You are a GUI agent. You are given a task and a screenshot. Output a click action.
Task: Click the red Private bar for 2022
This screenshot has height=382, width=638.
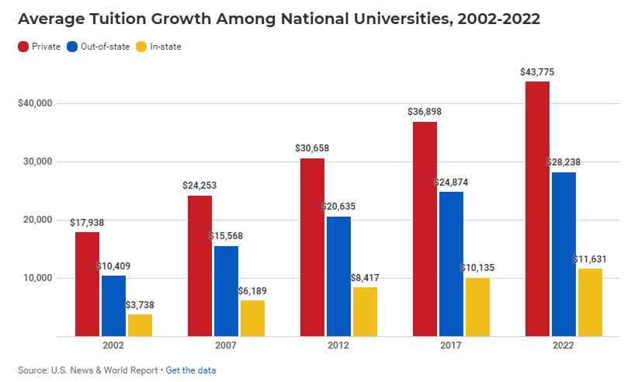point(537,209)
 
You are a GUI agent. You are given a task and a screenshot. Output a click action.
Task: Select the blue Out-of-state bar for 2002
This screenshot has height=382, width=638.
point(113,306)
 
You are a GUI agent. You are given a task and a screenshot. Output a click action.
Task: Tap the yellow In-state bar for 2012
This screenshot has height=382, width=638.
point(365,311)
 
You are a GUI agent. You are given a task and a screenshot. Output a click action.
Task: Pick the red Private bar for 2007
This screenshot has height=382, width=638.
point(199,266)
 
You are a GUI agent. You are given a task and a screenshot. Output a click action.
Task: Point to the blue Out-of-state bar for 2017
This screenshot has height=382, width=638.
point(451,264)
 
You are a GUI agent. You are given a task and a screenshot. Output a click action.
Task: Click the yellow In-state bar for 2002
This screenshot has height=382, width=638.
point(140,325)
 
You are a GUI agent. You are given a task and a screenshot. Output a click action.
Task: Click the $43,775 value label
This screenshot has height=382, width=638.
point(537,72)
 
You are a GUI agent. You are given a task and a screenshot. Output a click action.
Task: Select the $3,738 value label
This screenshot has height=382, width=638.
point(140,305)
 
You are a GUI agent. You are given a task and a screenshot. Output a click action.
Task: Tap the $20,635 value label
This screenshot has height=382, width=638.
point(338,207)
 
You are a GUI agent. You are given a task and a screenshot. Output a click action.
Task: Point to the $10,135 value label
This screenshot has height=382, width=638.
point(477,268)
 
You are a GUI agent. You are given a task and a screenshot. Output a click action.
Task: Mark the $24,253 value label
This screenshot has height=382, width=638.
point(199,186)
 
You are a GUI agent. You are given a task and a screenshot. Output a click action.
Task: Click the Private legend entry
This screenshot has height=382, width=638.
point(40,47)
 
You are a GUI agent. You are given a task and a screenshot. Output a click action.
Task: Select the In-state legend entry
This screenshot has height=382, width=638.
point(159,47)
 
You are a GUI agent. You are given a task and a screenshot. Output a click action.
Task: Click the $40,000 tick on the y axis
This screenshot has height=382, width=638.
point(34,103)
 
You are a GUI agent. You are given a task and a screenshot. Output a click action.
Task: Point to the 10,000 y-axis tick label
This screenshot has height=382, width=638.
point(36,278)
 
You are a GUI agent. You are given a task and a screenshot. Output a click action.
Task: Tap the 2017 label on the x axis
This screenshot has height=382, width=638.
point(451,346)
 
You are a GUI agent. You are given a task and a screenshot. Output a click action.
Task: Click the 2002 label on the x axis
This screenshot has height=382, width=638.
point(113,346)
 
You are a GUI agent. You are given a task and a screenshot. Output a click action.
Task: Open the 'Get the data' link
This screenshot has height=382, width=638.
point(191,370)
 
